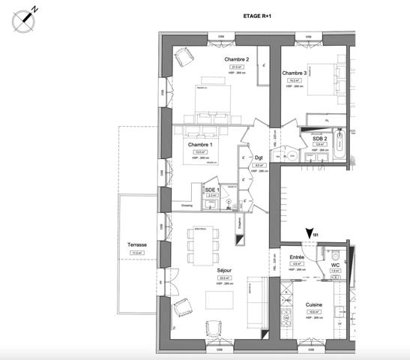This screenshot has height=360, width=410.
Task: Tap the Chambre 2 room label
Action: tap(237, 59)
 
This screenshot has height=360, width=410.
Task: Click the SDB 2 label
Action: tap(320, 139)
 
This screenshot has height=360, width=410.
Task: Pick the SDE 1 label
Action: tap(211, 190)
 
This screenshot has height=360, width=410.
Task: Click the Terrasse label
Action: tap(136, 245)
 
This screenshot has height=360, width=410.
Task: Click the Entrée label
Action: tap(296, 256)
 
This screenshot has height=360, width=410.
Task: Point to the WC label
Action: tap(334, 265)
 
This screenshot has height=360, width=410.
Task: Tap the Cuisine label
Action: tap(314, 304)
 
